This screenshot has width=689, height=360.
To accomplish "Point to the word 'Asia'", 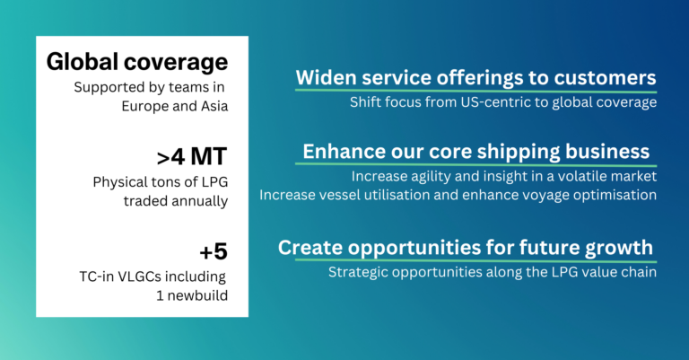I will [x=211, y=105].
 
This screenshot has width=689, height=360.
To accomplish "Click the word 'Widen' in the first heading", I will [x=325, y=77].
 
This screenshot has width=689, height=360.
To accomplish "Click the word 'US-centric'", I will [x=475, y=102].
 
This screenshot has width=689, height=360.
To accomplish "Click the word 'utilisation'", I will [x=416, y=195].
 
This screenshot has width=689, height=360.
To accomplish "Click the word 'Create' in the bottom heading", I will [x=308, y=247].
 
